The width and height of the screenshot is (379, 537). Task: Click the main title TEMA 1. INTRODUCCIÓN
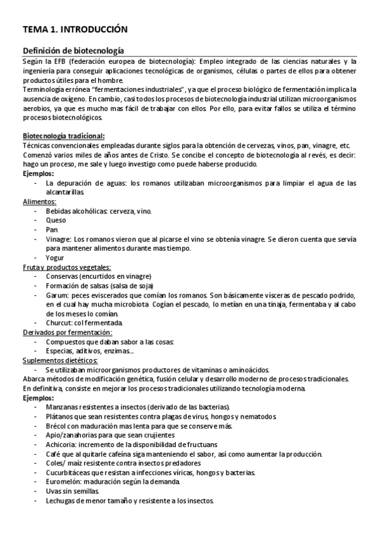[75, 29]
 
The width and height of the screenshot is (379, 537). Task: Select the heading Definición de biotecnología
[73, 51]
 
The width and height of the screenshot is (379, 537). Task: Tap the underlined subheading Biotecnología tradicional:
[64, 136]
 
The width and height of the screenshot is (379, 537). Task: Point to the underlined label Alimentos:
[40, 201]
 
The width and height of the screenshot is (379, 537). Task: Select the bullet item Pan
[52, 230]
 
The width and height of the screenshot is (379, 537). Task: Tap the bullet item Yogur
[54, 258]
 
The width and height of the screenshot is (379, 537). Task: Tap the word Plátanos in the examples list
[61, 417]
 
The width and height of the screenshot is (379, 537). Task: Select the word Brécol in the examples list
[57, 426]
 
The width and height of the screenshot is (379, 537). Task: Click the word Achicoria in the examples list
[62, 445]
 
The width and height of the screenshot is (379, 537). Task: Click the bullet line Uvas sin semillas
[72, 491]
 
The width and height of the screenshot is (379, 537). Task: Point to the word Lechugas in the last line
[62, 500]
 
